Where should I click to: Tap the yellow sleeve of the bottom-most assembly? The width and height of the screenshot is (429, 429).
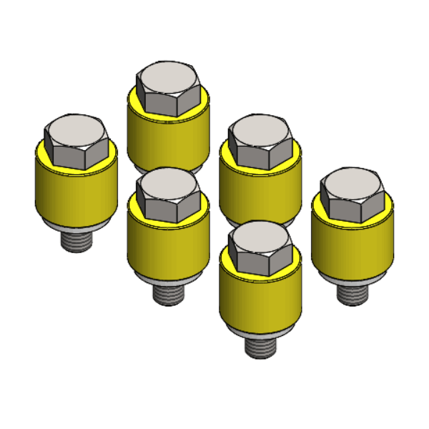pos(260,300)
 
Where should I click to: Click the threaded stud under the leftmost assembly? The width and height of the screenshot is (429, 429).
pos(77,239)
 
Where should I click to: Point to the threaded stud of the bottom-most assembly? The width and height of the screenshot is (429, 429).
pos(260,346)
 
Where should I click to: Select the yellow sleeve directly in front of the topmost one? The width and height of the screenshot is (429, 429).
pos(169,243)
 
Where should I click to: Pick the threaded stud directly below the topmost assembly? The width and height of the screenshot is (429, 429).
pos(169,292)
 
